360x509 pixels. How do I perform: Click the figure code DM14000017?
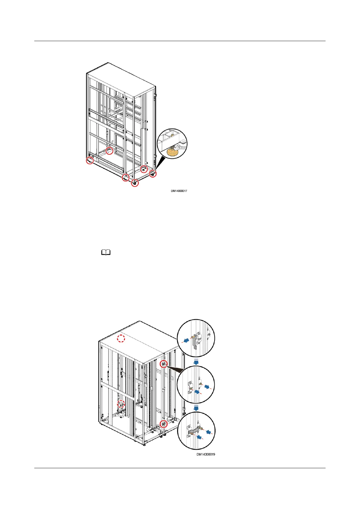tap(179, 191)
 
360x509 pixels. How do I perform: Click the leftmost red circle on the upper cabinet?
tap(89, 161)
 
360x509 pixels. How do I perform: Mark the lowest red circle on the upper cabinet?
tap(135, 183)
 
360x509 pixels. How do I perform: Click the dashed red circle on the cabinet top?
tap(121, 339)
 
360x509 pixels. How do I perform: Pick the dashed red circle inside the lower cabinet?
tap(121, 404)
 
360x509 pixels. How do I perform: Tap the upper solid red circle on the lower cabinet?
tap(164, 364)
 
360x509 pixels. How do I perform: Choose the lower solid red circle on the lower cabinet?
tap(164, 424)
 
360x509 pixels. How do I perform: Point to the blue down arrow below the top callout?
tap(196, 361)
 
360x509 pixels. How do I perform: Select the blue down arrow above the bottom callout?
tap(196, 408)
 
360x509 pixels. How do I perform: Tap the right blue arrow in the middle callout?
tap(207, 387)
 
